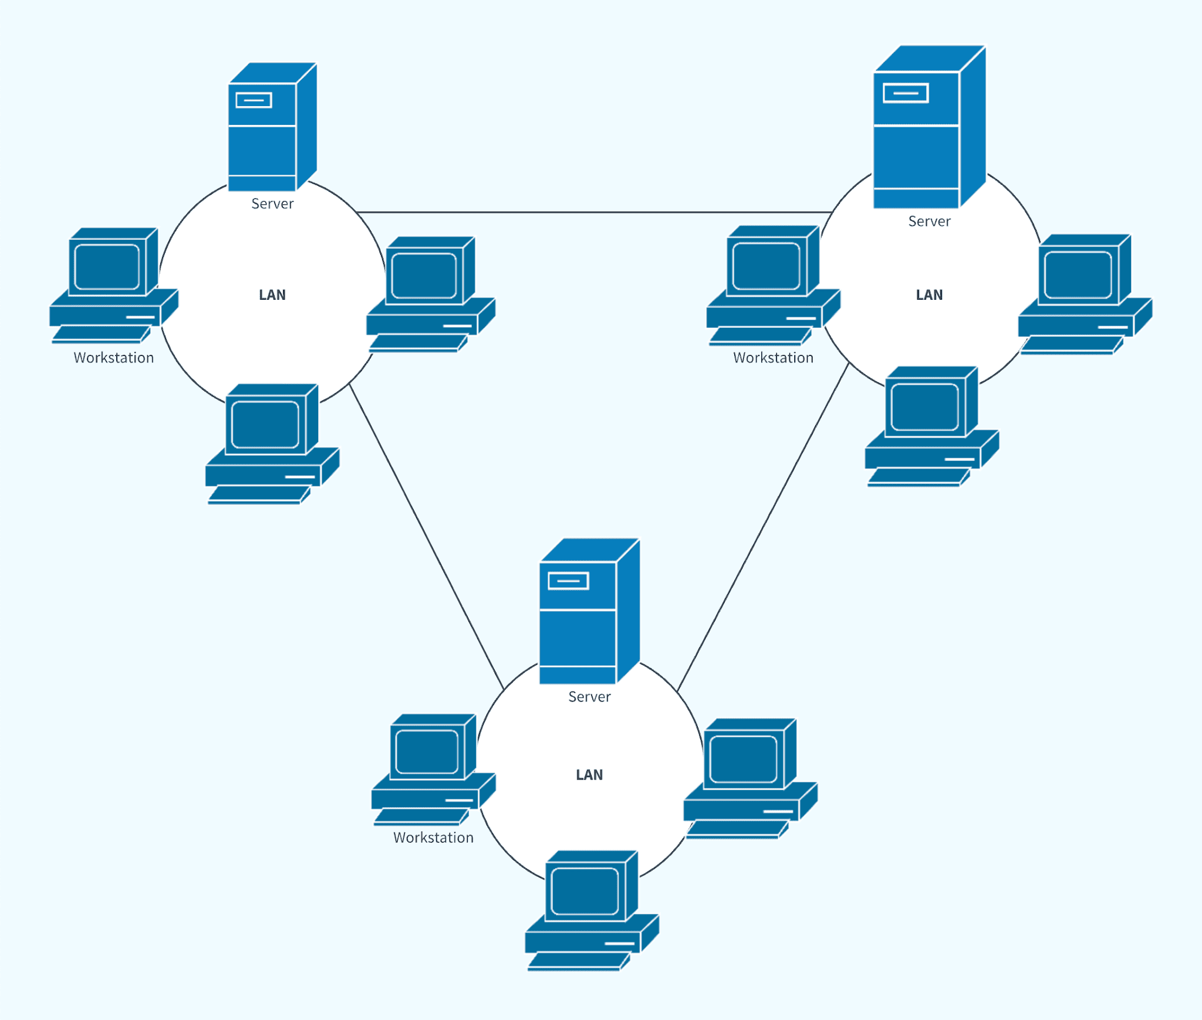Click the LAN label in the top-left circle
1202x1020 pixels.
point(272,294)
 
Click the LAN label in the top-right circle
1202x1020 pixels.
point(929,294)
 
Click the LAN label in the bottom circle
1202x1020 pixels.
point(589,775)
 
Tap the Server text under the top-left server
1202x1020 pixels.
point(272,204)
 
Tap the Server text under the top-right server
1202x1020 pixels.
point(929,221)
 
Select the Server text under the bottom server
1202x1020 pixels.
point(589,696)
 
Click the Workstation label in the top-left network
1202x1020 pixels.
point(114,358)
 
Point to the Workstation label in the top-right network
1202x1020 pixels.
point(773,358)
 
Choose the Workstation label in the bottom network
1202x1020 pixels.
point(433,838)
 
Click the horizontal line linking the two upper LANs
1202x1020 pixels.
point(594,212)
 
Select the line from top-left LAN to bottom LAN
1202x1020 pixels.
point(426,537)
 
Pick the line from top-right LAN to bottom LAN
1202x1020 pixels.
point(763,527)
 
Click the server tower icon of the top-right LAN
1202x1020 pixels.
point(929,127)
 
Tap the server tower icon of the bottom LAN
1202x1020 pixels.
point(589,611)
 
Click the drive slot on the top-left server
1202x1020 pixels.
point(254,100)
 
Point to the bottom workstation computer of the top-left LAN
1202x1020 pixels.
point(272,444)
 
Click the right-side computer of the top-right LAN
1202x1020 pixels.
point(1085,294)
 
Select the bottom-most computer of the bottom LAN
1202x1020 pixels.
point(592,911)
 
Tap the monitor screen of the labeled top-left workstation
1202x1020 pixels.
point(107,267)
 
